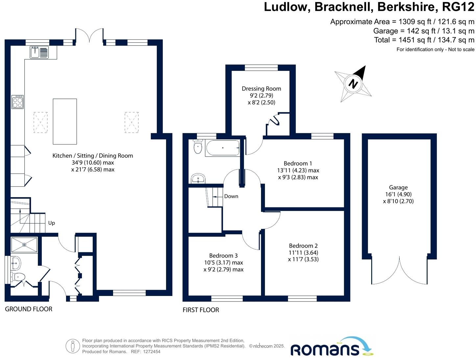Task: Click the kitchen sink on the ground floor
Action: tap(39, 52)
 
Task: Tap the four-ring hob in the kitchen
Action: tap(17, 102)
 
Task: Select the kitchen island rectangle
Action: tap(65, 121)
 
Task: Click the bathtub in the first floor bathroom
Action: tap(223, 148)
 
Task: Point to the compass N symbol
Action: tap(353, 83)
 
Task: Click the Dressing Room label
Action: tap(261, 88)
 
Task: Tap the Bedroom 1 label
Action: tap(298, 163)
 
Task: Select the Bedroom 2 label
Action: tap(303, 246)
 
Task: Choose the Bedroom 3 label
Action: tap(223, 256)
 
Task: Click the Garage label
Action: tap(398, 188)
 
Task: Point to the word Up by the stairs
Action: tap(52, 223)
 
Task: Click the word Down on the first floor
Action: tap(231, 196)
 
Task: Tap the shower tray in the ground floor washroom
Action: tap(24, 245)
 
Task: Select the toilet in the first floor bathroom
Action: tap(198, 147)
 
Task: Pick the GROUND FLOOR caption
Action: tap(29, 309)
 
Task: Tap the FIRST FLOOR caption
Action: tap(201, 310)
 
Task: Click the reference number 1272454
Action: tap(150, 351)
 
